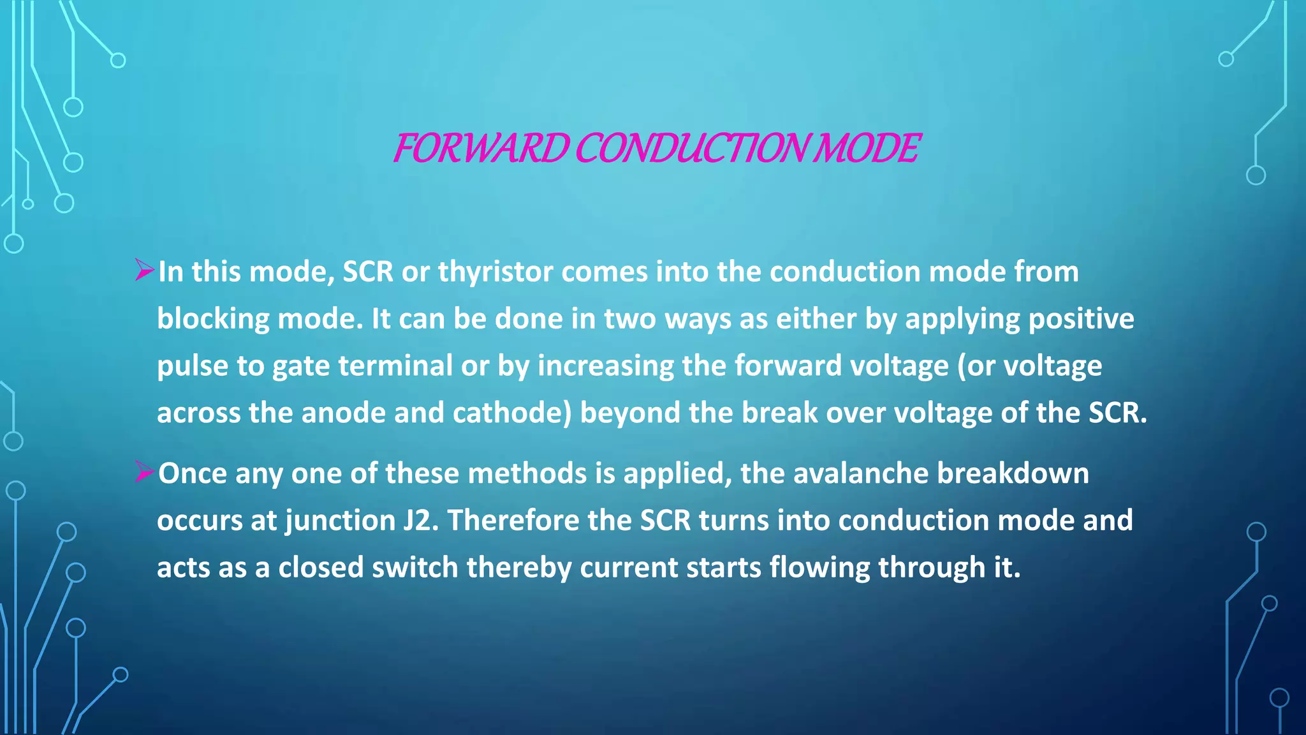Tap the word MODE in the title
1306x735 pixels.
point(869,148)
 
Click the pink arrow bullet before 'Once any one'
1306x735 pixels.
point(145,472)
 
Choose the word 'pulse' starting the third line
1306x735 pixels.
point(193,366)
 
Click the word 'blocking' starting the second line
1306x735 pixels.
point(213,319)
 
